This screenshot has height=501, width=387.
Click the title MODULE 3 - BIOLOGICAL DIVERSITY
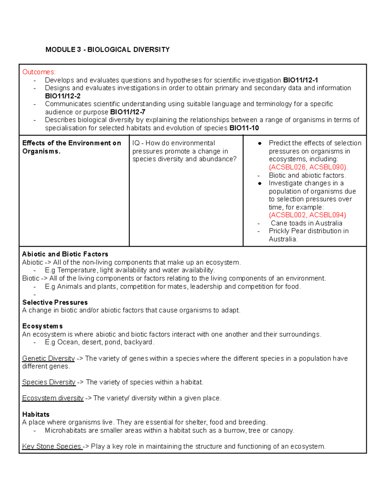click(107, 50)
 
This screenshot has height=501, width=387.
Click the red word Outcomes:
click(39, 72)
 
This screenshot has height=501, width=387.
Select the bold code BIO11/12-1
click(300, 80)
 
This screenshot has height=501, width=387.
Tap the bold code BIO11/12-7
click(128, 112)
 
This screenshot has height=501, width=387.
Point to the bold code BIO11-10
click(244, 128)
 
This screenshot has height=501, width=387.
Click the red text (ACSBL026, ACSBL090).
click(308, 167)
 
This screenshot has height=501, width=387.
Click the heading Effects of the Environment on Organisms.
click(71, 147)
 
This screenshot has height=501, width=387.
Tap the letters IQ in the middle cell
click(136, 143)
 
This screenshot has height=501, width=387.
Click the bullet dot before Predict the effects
click(260, 144)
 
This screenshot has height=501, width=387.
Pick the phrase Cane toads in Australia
click(306, 223)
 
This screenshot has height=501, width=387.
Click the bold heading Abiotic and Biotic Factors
click(65, 254)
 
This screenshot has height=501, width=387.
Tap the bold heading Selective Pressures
click(55, 302)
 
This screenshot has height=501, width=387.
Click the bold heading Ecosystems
click(42, 326)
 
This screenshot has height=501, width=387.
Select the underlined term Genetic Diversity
click(48, 358)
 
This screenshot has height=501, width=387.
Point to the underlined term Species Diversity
click(49, 382)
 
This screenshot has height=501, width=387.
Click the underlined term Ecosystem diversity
click(53, 398)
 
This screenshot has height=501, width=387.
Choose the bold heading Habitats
click(36, 414)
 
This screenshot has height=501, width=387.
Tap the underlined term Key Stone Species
click(52, 446)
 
